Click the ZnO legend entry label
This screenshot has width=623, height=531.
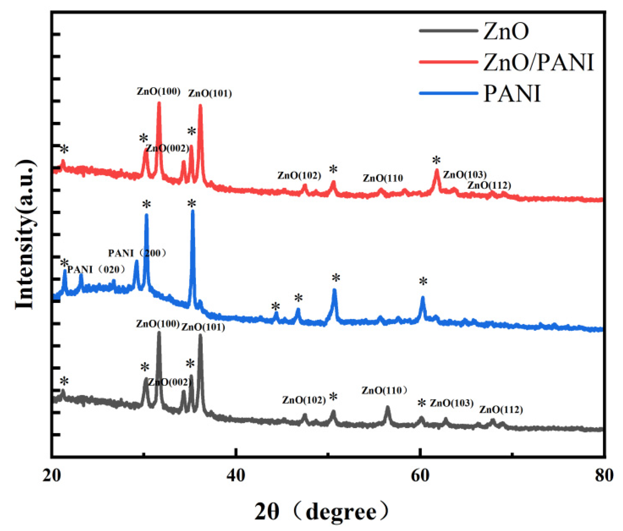tap(505, 31)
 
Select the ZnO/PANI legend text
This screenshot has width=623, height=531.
tap(538, 62)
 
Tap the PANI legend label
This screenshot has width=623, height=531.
tap(512, 93)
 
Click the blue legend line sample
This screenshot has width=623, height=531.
tap(448, 93)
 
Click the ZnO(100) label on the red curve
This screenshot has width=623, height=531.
tap(159, 91)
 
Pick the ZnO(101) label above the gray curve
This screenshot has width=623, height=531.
tap(203, 327)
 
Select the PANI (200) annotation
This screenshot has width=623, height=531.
tap(137, 253)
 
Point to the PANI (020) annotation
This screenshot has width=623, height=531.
tap(96, 269)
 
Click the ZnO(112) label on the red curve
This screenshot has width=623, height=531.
tap(489, 185)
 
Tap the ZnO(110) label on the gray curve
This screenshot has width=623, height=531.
tap(384, 390)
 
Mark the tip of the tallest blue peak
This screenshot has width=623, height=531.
tap(192, 211)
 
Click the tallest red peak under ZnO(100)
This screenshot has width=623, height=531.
tap(159, 104)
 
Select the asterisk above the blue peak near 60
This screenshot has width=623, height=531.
tap(423, 282)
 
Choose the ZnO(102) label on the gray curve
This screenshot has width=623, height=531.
tap(304, 400)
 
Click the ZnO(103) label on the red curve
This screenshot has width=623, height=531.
tap(464, 175)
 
